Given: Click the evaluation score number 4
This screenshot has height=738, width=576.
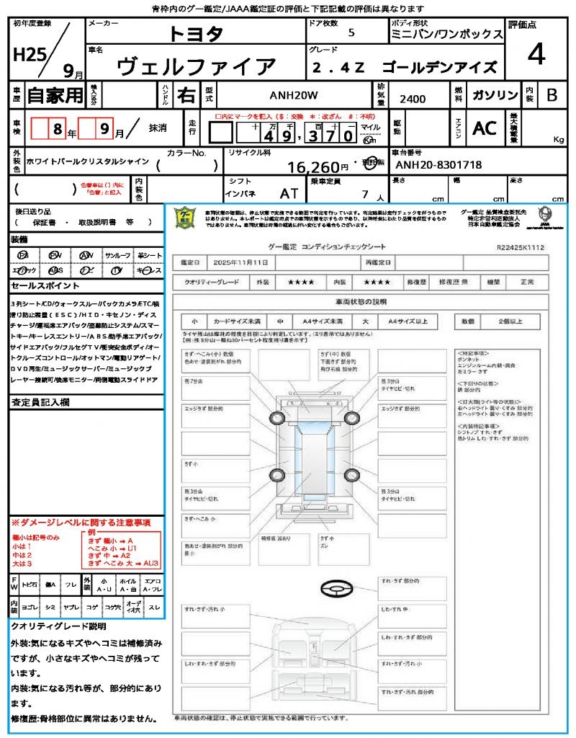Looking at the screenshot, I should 536,54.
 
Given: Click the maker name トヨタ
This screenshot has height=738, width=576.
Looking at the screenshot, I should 196,33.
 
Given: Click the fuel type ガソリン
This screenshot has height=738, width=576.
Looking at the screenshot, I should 495,94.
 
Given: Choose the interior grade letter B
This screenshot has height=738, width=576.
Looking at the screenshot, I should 552,95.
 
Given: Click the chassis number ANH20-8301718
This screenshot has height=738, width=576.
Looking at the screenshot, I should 439,165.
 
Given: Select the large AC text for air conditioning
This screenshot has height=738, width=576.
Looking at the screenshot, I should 485,128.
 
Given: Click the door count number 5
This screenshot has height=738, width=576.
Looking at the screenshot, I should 351,33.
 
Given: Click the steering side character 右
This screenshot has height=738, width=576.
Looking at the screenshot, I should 186,94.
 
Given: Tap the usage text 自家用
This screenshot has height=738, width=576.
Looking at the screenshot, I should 55,94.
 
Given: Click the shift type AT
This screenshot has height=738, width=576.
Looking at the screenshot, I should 289,194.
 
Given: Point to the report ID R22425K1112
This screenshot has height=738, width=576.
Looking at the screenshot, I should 520,246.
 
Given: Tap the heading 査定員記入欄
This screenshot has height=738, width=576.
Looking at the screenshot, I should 39,402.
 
